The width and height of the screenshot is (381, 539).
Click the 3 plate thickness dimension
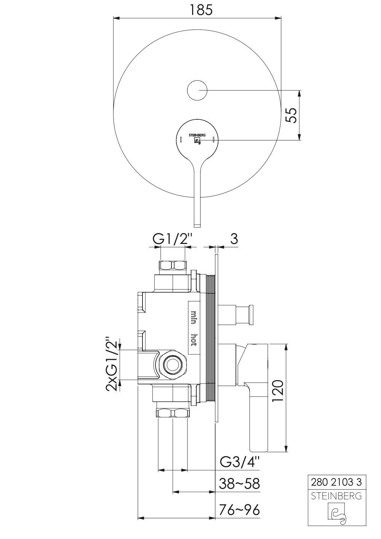tap(234, 239)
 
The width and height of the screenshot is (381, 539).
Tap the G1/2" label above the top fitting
tap(173, 239)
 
